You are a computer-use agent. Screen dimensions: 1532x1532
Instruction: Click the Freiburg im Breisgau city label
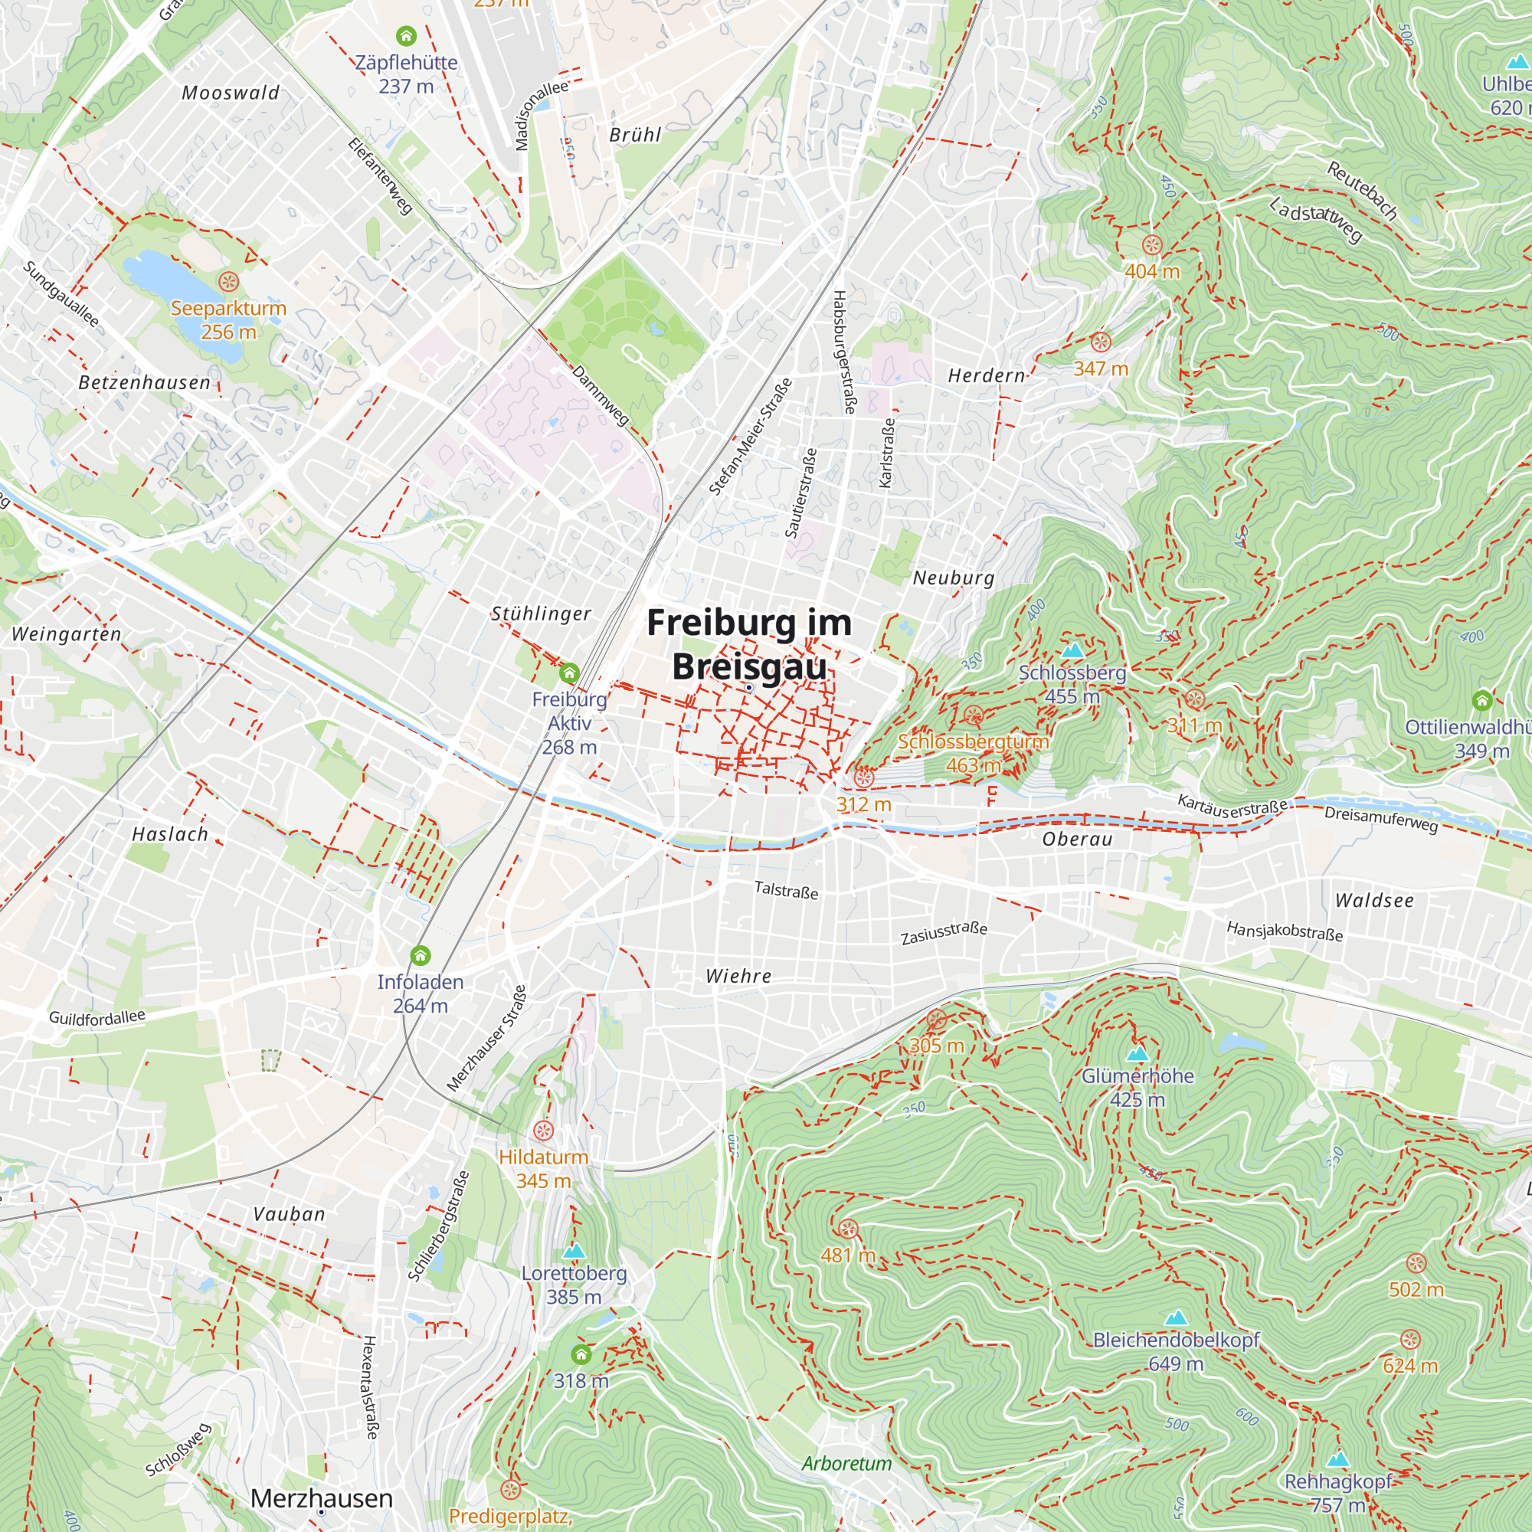click(749, 644)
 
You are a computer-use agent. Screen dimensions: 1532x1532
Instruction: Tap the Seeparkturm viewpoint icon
click(228, 281)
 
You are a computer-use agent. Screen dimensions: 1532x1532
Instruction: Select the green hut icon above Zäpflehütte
click(406, 36)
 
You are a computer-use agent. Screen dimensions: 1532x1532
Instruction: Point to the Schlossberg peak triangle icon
click(1072, 651)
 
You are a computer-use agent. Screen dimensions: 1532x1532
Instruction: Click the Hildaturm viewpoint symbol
click(543, 1131)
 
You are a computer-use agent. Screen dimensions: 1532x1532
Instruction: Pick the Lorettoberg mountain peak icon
click(573, 1252)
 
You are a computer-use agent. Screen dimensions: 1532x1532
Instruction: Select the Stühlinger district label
click(541, 614)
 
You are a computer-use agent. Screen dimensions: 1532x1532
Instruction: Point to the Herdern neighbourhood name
click(987, 376)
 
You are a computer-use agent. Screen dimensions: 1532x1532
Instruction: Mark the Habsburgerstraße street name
click(844, 352)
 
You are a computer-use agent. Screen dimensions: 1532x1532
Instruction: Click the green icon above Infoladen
click(421, 955)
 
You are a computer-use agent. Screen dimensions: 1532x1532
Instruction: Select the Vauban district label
click(289, 1214)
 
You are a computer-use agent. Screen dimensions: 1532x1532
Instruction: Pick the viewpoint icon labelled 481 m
click(848, 1230)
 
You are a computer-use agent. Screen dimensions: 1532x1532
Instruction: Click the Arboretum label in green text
click(846, 1463)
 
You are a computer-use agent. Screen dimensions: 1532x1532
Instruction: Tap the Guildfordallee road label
click(97, 1017)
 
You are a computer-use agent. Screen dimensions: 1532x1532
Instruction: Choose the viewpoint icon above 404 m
click(1151, 245)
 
